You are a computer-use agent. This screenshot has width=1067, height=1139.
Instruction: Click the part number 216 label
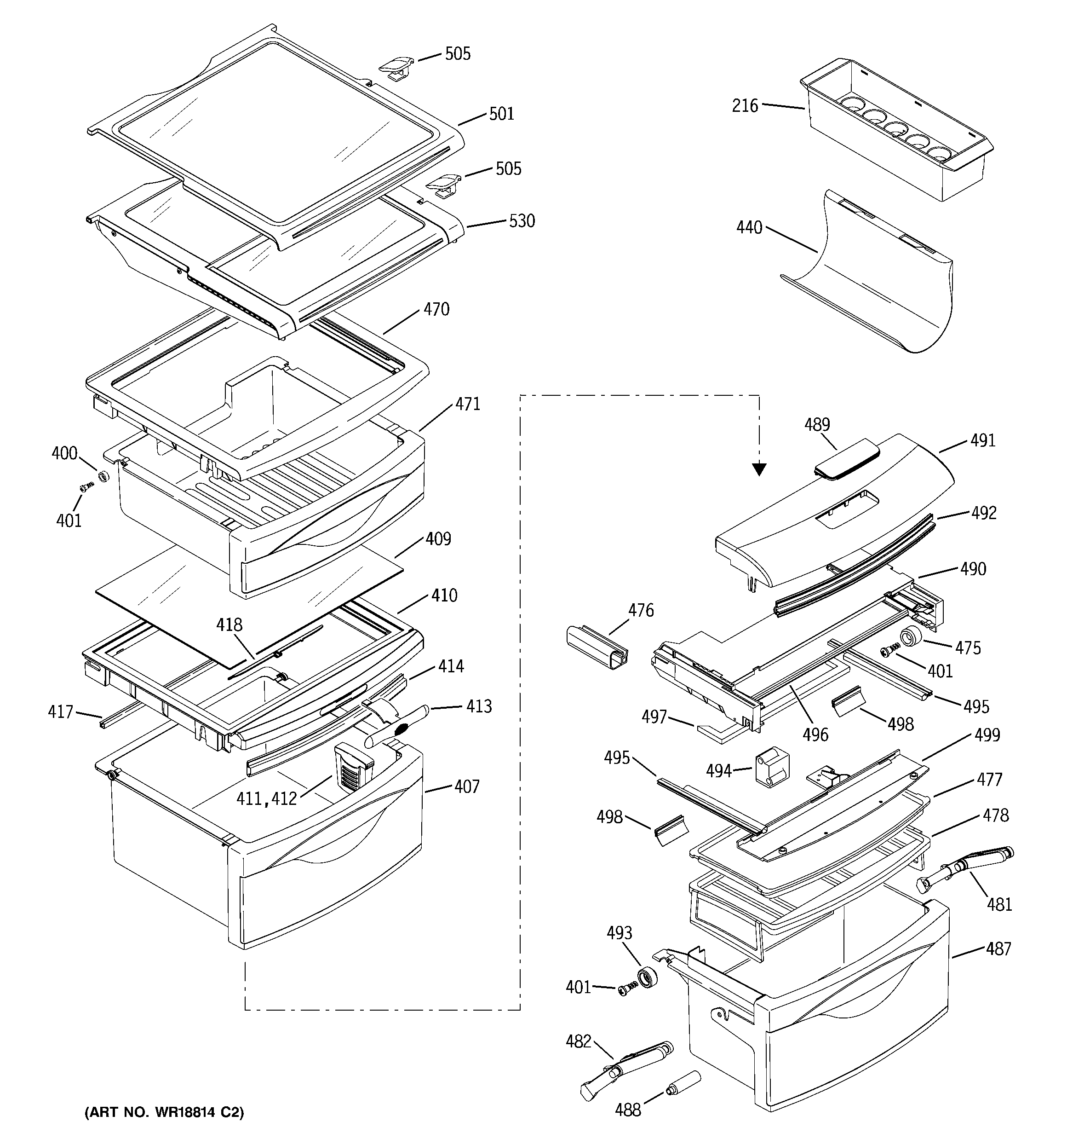(x=745, y=106)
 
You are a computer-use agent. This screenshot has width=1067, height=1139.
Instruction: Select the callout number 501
(x=501, y=114)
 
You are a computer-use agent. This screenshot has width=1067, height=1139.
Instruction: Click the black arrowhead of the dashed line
(x=759, y=469)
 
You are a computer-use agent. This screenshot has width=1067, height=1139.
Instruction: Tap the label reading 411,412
(x=267, y=798)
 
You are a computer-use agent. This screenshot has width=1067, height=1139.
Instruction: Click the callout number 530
(x=522, y=221)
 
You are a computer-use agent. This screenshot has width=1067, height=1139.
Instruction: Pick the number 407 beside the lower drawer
(x=467, y=786)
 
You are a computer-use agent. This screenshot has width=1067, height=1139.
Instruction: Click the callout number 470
(x=436, y=309)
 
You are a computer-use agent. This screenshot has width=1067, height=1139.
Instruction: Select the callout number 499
(x=987, y=734)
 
